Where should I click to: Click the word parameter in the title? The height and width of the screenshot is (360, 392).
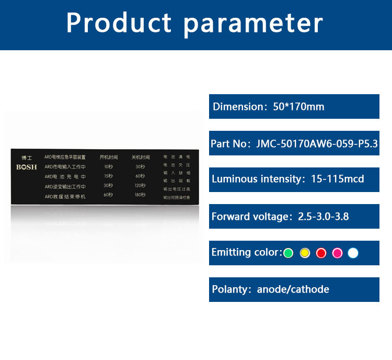tap(253, 24)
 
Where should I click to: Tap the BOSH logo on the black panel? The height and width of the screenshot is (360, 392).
tap(27, 167)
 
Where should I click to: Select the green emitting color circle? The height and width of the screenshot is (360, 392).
tap(288, 253)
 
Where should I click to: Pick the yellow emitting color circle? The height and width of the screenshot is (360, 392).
tap(305, 253)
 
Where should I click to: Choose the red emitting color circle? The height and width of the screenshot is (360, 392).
tap(321, 253)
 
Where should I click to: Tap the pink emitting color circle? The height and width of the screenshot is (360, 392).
tap(337, 253)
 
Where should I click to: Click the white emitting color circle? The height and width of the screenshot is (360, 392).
tap(353, 253)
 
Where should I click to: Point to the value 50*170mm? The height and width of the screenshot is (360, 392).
tap(298, 107)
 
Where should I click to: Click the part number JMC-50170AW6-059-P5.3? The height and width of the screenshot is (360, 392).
tap(317, 143)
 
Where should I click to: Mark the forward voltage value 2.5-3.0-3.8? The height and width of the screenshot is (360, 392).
tap(323, 216)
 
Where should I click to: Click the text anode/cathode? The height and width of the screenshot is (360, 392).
tap(293, 289)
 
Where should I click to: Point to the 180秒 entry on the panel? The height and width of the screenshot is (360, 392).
tap(140, 196)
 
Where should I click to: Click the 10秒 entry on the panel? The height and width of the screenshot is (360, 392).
tap(108, 166)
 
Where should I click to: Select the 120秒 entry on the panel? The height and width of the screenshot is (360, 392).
tap(140, 186)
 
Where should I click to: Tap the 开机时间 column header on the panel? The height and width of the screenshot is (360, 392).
tap(109, 157)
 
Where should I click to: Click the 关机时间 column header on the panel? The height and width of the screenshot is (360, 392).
tap(140, 157)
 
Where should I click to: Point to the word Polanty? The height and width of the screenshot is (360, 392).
tap(230, 289)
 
